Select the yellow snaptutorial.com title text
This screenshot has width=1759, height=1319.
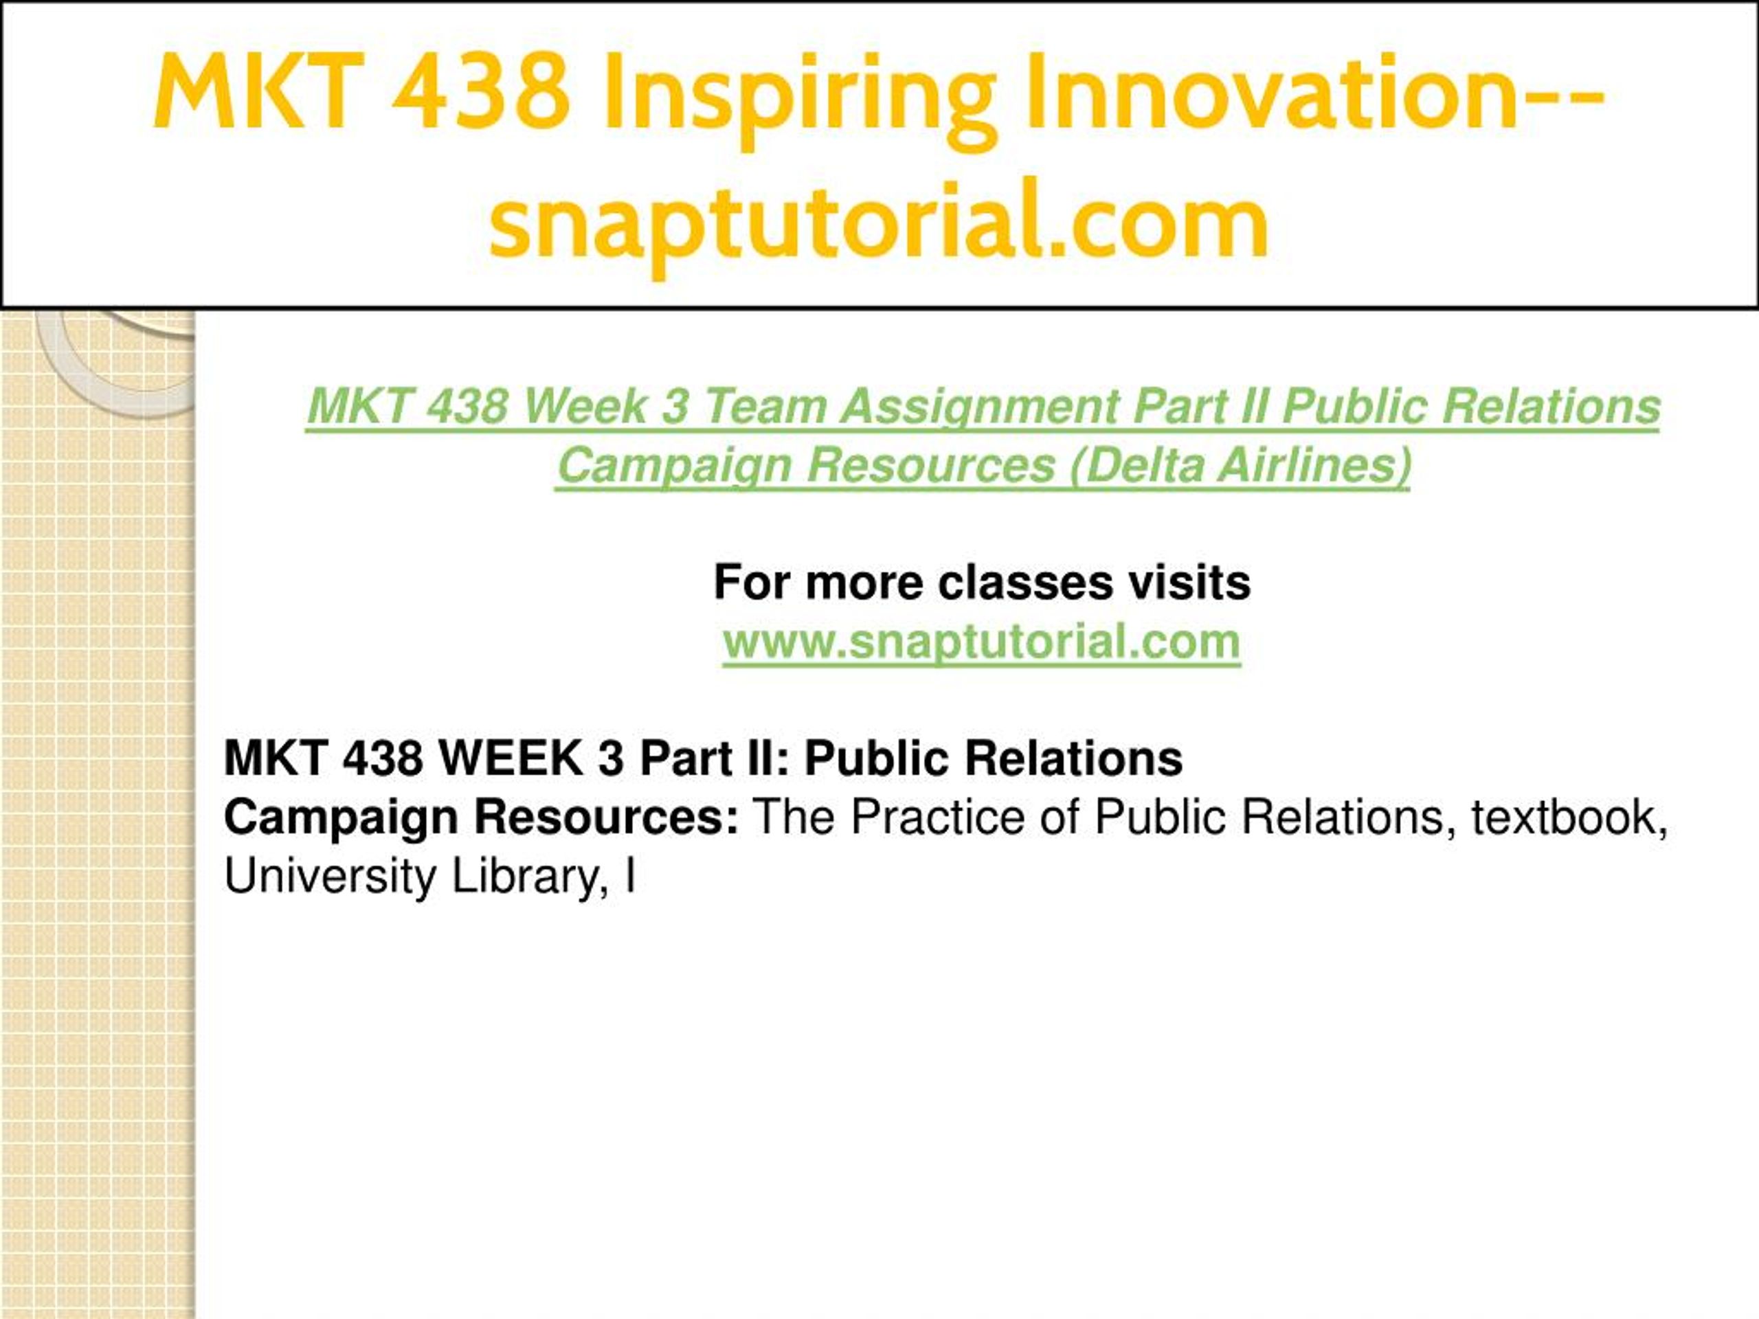click(x=879, y=223)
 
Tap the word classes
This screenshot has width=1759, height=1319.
click(x=1025, y=582)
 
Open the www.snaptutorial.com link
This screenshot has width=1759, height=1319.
click(x=981, y=642)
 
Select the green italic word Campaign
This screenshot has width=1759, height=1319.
click(x=673, y=466)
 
